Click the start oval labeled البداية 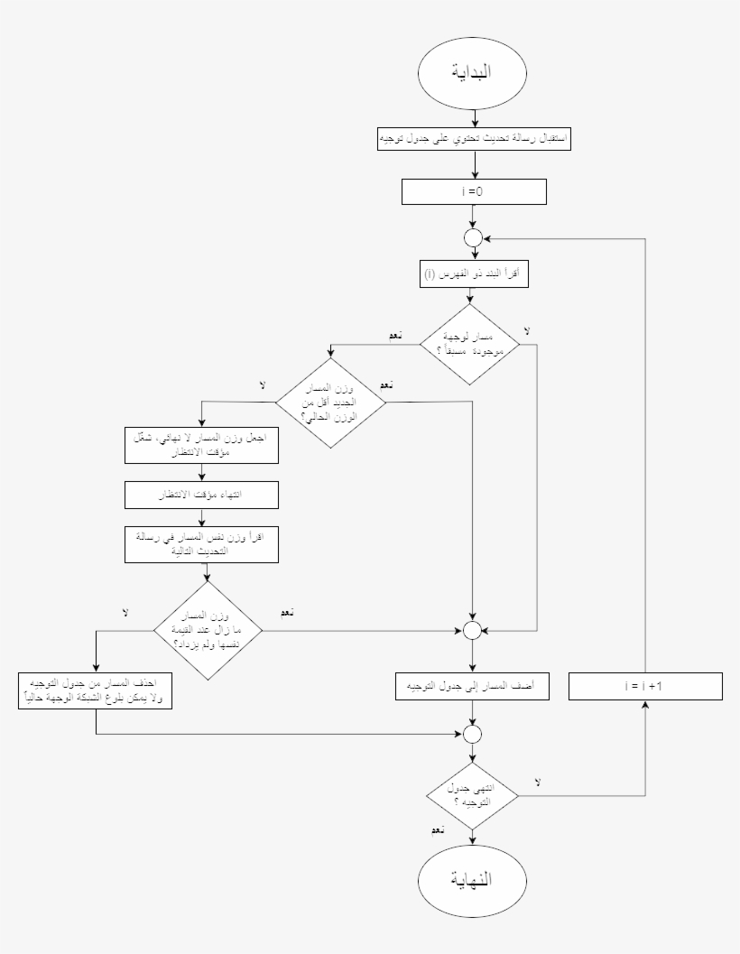(x=474, y=73)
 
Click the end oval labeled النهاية (x=474, y=879)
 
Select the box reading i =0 (x=474, y=191)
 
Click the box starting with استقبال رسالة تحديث (x=474, y=139)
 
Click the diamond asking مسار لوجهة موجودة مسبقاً (x=474, y=344)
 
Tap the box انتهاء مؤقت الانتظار (x=202, y=495)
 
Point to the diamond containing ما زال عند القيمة (x=208, y=628)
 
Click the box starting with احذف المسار (x=95, y=690)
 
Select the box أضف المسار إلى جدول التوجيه (x=474, y=686)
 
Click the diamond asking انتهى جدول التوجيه (x=474, y=794)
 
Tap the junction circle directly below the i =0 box (x=474, y=238)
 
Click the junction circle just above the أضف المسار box (x=474, y=630)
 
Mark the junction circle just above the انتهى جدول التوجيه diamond (x=474, y=733)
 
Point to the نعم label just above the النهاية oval (x=437, y=829)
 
